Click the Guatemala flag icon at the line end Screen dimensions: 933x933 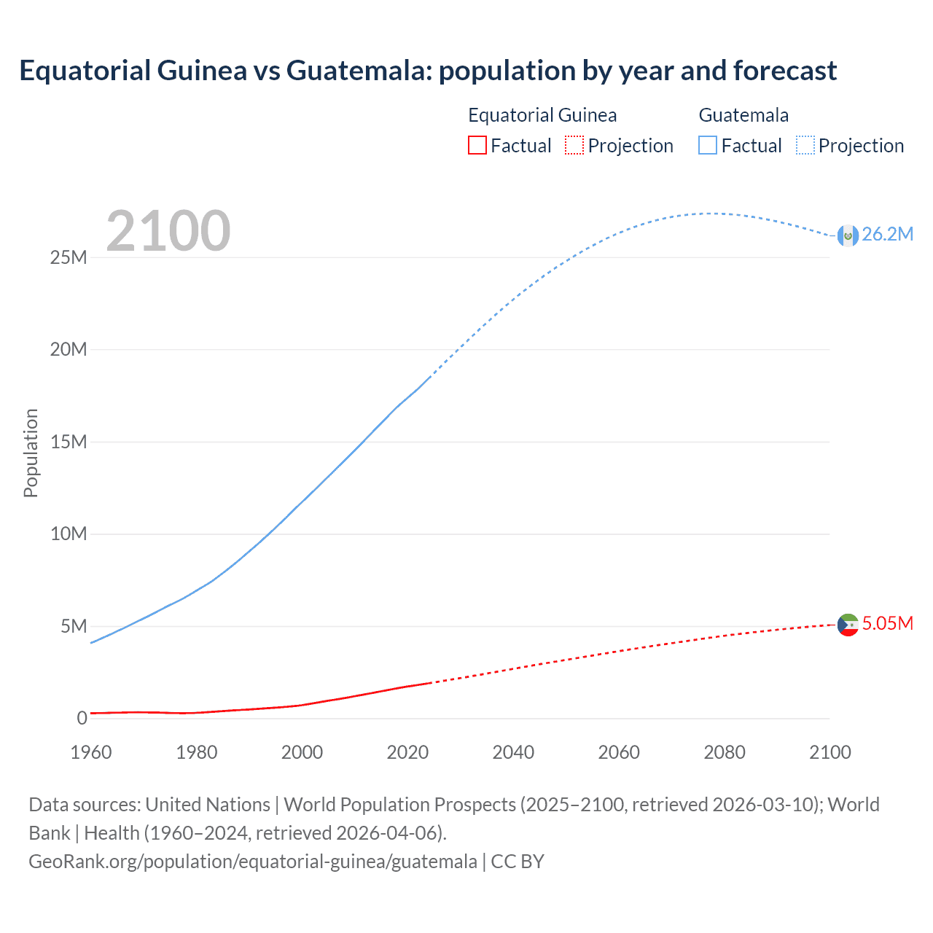point(848,235)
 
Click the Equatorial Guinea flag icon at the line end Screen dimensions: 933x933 point(848,625)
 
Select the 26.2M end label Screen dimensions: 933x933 point(887,234)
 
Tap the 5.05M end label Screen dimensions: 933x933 point(887,623)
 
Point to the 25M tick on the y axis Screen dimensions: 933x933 point(69,258)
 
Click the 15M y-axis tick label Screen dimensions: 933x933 point(69,442)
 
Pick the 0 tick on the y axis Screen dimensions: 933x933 point(82,719)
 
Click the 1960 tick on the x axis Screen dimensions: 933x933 point(91,752)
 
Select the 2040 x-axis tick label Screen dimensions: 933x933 point(513,752)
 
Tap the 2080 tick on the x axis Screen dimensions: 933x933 point(725,752)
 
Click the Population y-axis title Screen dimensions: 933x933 point(31,453)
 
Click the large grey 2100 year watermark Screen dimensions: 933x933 point(168,231)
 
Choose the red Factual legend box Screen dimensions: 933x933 point(477,146)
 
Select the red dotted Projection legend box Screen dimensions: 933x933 point(574,146)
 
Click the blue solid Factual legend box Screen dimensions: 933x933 point(708,146)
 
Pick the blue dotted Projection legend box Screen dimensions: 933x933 point(805,146)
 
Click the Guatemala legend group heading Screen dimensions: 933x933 point(743,115)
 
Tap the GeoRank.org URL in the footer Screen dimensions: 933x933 point(253,862)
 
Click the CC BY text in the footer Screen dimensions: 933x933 point(518,862)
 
